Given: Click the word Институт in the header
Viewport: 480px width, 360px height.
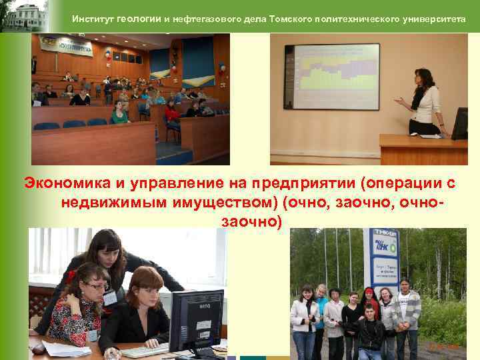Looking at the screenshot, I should click(93, 19).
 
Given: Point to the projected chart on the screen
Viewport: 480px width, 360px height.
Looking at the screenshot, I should click(331, 75).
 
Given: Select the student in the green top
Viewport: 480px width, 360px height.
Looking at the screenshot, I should click(120, 113).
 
